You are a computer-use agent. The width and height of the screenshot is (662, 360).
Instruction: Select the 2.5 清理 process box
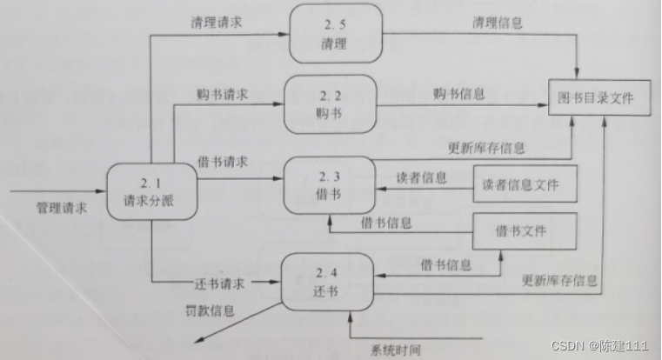pos(336,34)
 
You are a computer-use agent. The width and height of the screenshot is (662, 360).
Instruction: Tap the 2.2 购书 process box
pos(330,103)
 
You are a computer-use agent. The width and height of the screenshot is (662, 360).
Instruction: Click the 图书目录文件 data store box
pos(597,97)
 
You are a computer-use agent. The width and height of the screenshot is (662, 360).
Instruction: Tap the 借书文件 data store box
pos(524,231)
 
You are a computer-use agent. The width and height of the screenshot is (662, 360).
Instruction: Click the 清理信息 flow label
pos(497,23)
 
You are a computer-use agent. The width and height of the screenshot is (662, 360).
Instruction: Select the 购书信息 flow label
pos(458,93)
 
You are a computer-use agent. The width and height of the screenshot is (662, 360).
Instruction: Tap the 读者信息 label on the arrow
pos(422,177)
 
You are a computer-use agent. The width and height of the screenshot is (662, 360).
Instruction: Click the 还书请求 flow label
pos(219,283)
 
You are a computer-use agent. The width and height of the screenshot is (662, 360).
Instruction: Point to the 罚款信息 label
pos(210,310)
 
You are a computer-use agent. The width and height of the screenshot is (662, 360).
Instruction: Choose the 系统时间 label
pos(395,350)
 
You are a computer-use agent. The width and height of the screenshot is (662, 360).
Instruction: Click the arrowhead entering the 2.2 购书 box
pos(283,103)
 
